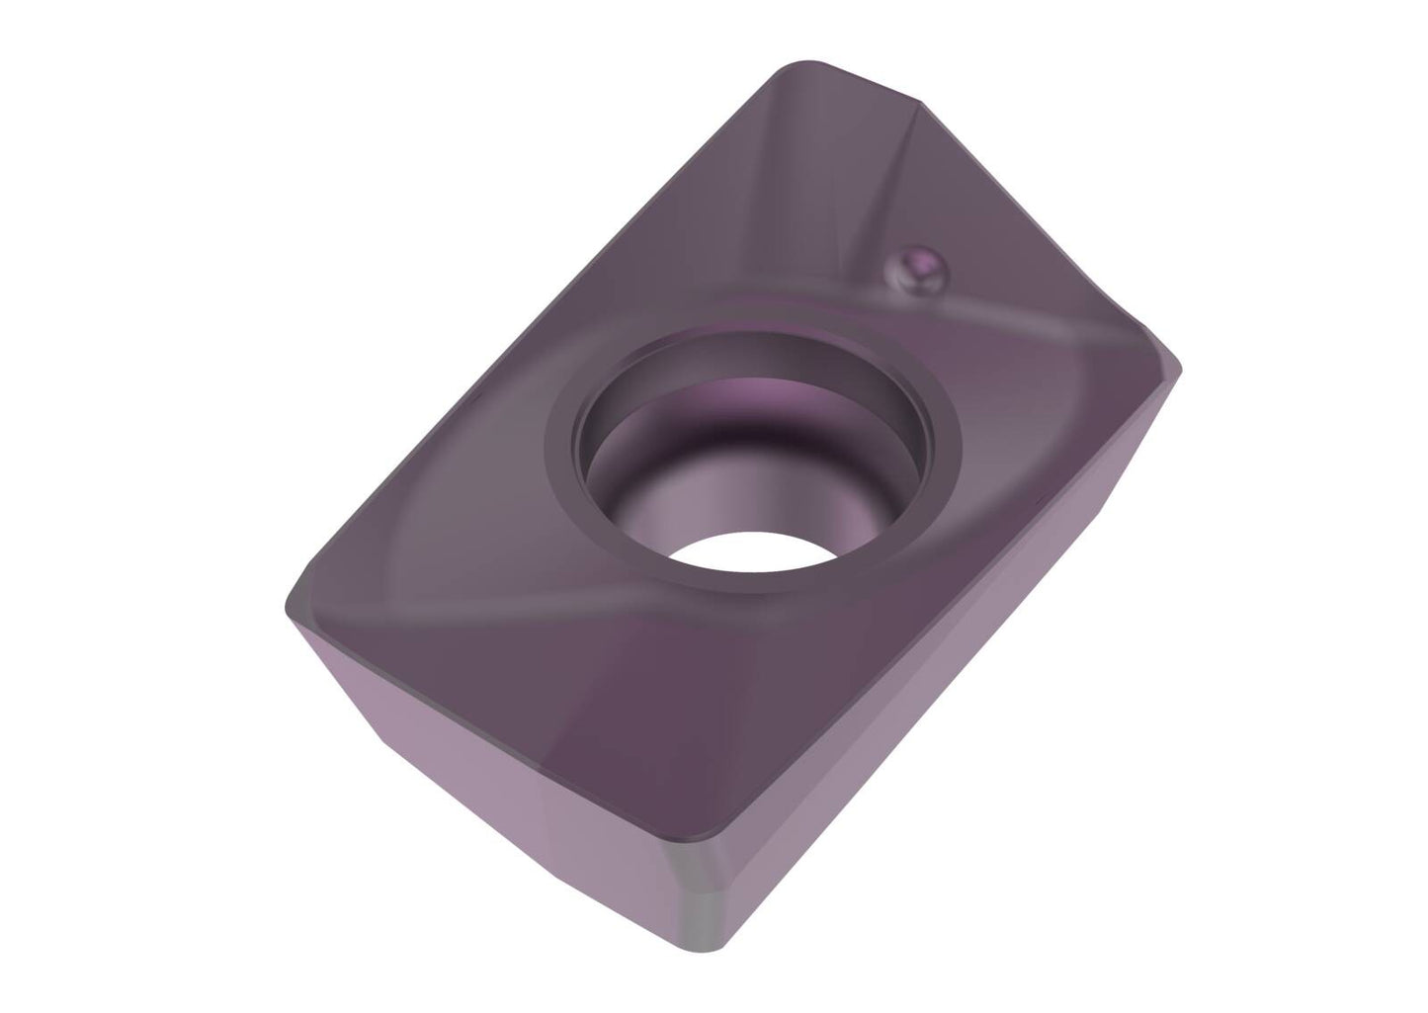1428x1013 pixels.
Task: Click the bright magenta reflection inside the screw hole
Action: click(x=751, y=395)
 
